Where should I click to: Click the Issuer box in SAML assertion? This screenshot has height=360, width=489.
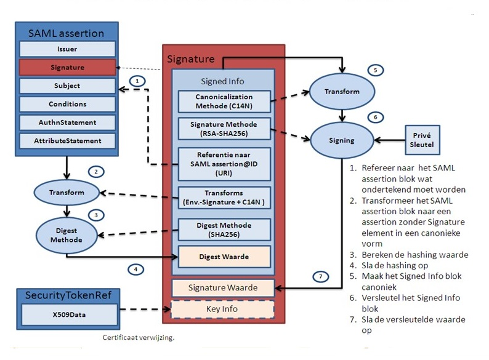click(68, 49)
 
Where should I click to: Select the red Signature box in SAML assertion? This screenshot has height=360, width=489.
click(68, 67)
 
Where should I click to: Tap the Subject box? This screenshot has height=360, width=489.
click(68, 86)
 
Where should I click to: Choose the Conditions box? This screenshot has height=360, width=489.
click(68, 104)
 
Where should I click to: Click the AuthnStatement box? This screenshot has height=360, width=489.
click(68, 122)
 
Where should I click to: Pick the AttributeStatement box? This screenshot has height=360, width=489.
click(68, 141)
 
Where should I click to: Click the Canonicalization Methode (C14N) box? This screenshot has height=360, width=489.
click(224, 101)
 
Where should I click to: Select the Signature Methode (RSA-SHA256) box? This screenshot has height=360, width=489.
click(224, 129)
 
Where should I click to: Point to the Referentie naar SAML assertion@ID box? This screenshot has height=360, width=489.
click(224, 161)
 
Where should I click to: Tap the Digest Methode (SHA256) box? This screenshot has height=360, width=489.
click(224, 229)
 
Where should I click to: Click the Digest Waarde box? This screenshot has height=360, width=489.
click(224, 257)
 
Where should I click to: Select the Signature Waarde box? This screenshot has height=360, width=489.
click(224, 287)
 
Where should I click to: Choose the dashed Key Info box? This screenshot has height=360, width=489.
click(224, 309)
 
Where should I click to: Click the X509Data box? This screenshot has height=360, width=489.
click(68, 313)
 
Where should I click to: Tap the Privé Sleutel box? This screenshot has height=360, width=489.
click(422, 140)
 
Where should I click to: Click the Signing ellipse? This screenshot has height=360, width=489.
click(342, 140)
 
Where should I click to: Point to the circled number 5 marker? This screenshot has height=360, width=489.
click(374, 70)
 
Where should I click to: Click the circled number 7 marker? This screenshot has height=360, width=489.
click(320, 276)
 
